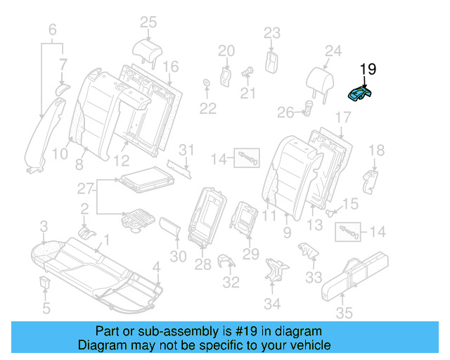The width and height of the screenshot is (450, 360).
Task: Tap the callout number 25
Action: [148, 22]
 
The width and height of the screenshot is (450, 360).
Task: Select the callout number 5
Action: [46, 307]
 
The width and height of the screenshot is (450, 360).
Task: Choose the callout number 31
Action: [185, 150]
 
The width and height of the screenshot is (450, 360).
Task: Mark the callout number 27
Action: [85, 188]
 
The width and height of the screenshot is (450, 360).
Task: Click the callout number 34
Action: [271, 304]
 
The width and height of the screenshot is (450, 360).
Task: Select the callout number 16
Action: [171, 67]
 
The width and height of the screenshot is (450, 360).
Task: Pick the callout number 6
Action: [51, 30]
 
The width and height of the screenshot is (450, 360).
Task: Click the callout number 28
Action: [202, 264]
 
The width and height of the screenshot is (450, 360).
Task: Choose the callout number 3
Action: [44, 226]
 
